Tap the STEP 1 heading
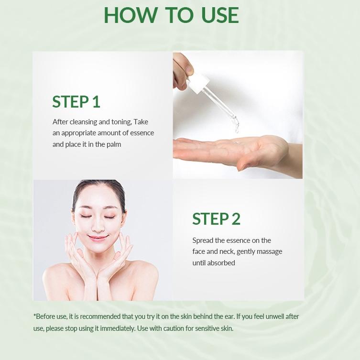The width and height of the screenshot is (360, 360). tap(76, 102)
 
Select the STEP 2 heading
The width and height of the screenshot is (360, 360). tap(216, 219)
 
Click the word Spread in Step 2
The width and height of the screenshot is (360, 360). tap(203, 240)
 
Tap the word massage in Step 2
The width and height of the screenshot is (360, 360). tap(270, 251)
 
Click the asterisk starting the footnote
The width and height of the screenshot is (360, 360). tap(35, 316)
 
